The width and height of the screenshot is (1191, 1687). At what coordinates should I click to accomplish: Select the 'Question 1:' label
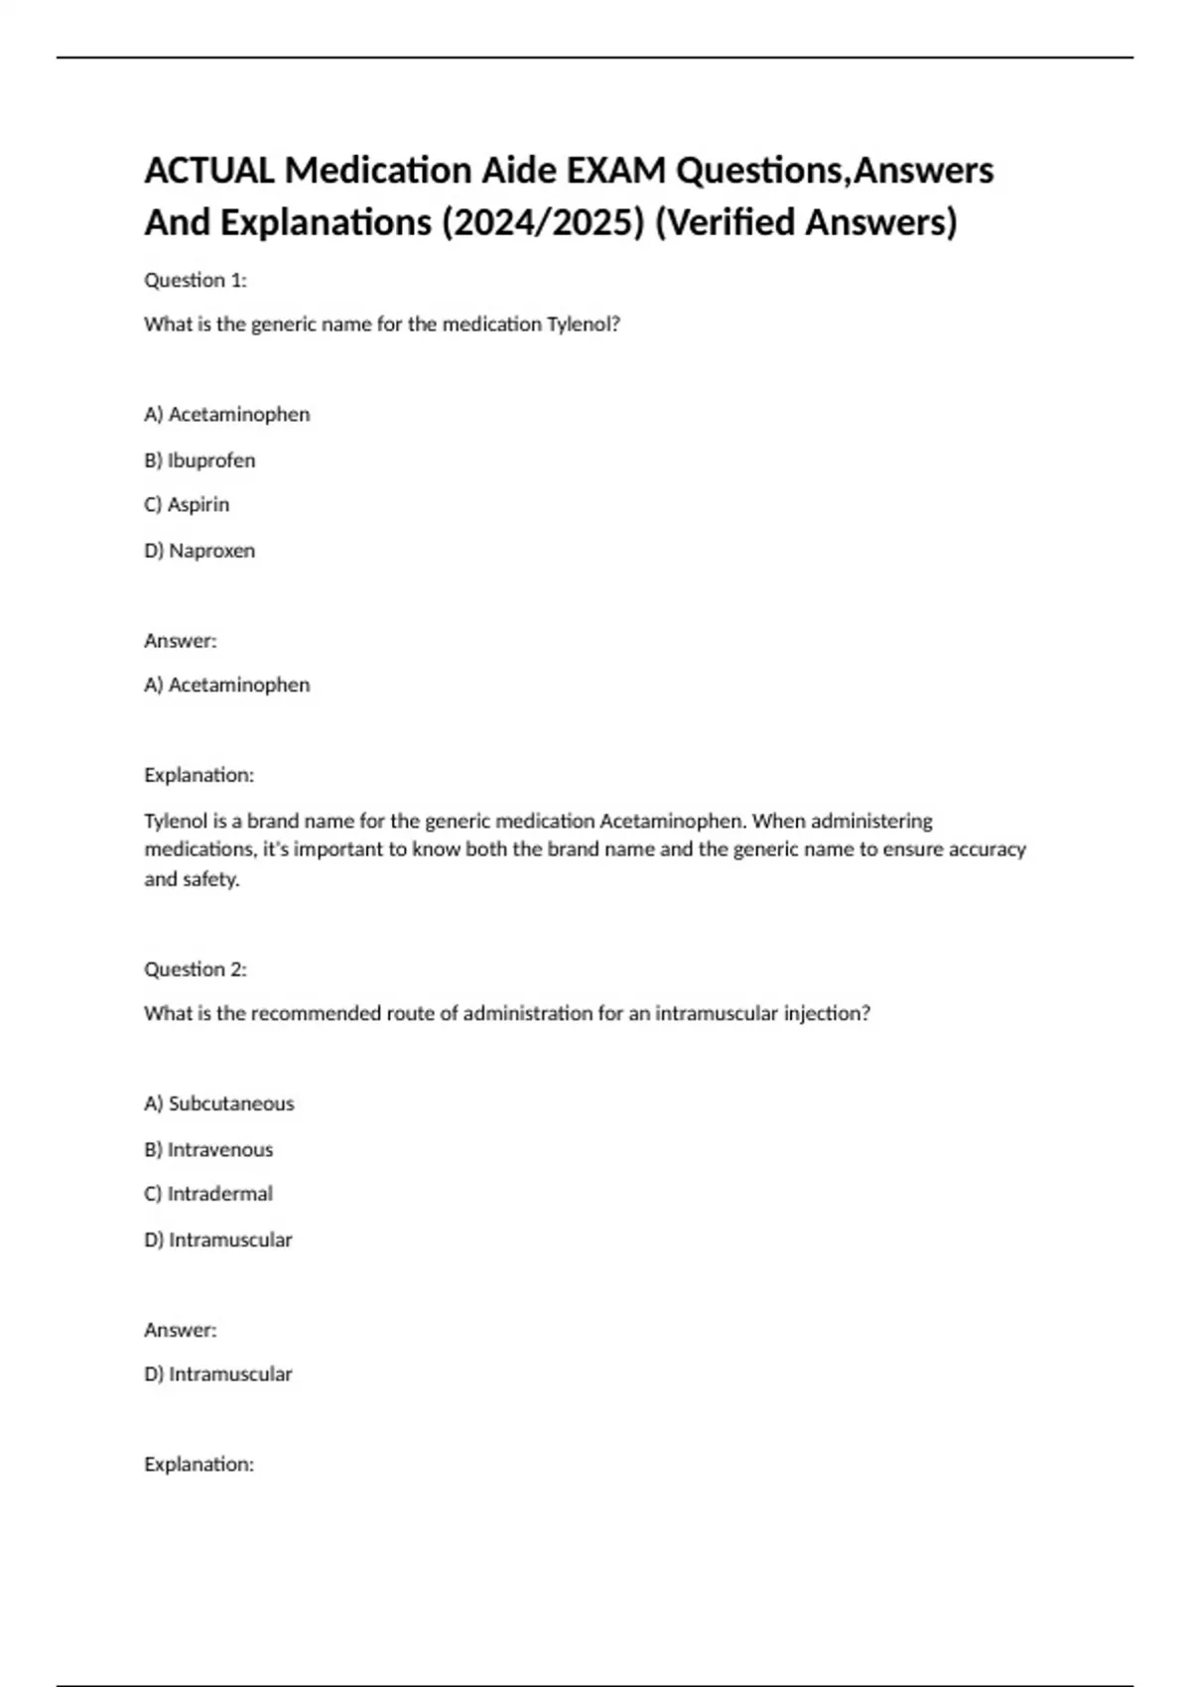click(196, 280)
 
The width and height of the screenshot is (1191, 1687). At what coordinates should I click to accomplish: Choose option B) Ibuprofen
click(199, 460)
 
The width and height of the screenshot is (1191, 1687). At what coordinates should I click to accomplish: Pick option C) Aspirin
click(187, 505)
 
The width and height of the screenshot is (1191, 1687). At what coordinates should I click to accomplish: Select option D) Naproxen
click(199, 551)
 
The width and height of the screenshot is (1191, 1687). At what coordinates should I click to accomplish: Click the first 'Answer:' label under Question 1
click(181, 641)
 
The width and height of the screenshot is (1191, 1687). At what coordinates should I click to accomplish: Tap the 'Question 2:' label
click(196, 970)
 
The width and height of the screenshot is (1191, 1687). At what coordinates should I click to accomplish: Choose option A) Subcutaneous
click(219, 1103)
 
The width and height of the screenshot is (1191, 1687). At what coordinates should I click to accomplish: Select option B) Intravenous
click(208, 1150)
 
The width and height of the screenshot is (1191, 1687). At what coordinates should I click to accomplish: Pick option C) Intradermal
click(208, 1194)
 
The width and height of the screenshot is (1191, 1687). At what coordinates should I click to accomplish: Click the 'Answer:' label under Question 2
click(181, 1330)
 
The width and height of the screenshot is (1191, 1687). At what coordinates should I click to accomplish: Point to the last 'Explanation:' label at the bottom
click(199, 1465)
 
